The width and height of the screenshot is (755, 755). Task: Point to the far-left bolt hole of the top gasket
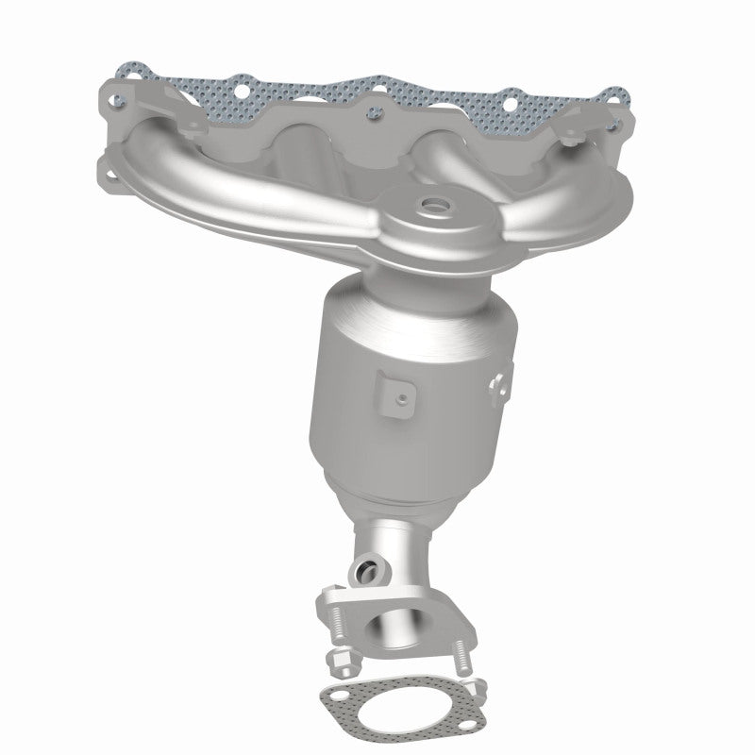(x=124, y=71)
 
